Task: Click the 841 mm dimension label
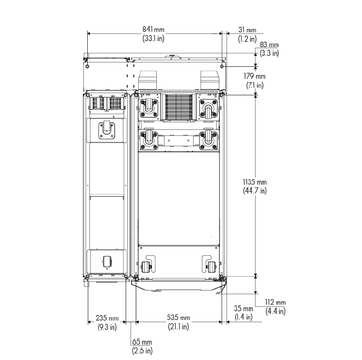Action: pos(153,30)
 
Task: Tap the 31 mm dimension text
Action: pos(247,30)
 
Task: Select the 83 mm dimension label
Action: pos(269,44)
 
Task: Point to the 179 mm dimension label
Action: pos(254,76)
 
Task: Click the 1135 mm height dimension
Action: pos(254,182)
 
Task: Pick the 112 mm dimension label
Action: pos(275,302)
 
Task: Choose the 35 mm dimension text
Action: pos(244,308)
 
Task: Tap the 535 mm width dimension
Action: pos(178,318)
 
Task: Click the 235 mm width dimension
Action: pos(107,318)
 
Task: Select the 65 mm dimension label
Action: pos(142,341)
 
